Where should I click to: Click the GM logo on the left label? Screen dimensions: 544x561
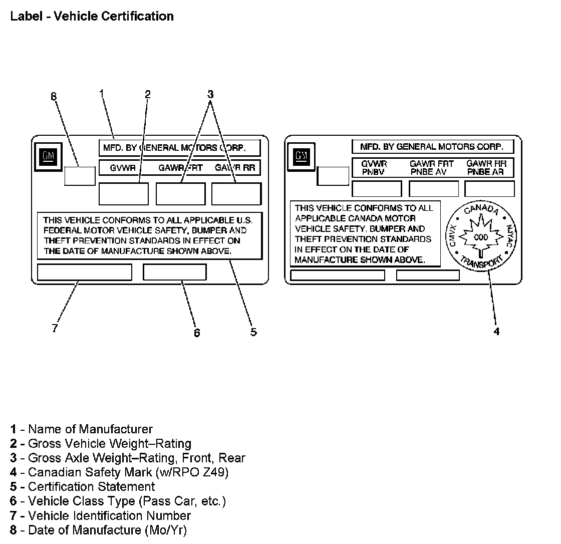click(48, 156)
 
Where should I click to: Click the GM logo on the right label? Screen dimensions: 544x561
click(302, 155)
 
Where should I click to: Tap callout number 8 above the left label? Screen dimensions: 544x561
click(54, 97)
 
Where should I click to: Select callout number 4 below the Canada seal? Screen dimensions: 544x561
click(496, 331)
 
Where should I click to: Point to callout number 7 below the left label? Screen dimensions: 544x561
click(55, 329)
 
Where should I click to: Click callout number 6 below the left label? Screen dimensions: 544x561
click(197, 333)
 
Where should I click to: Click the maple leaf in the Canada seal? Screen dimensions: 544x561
click(480, 236)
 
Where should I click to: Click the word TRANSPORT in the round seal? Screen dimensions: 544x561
click(481, 262)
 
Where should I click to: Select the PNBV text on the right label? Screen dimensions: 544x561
click(374, 172)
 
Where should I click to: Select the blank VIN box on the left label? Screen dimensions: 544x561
click(85, 272)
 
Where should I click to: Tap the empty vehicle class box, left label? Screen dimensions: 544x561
click(174, 272)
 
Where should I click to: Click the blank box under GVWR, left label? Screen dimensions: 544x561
click(123, 194)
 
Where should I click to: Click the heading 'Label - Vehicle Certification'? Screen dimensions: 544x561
click(92, 16)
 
